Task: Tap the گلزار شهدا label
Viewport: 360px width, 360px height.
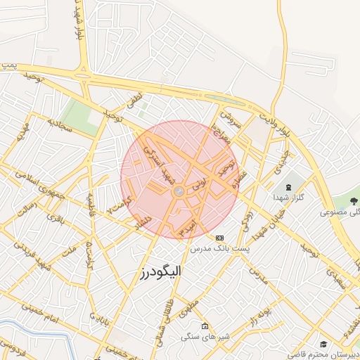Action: [290, 198]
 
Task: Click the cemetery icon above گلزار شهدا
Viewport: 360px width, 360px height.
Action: [290, 188]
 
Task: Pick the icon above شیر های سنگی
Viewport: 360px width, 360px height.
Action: [205, 326]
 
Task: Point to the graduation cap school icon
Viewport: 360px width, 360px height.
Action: [323, 343]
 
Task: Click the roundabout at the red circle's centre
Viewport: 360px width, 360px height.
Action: [179, 191]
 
